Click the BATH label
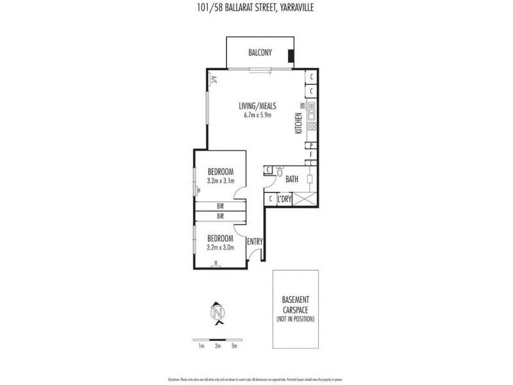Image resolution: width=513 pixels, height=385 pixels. click(292, 180)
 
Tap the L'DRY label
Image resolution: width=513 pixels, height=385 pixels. click(286, 200)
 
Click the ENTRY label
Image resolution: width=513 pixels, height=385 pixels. click(255, 241)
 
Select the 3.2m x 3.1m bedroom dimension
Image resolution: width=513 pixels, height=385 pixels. click(221, 182)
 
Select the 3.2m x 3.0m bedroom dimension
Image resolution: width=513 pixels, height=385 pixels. click(221, 247)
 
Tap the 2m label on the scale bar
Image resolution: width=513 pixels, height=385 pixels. click(218, 346)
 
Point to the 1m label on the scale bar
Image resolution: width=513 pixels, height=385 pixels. click(201, 346)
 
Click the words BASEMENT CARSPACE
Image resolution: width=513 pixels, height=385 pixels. click(296, 304)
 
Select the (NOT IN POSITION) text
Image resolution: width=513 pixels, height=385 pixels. click(296, 318)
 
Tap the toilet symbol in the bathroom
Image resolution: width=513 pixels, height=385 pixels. click(280, 171)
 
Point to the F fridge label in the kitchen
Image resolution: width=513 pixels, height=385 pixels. click(311, 155)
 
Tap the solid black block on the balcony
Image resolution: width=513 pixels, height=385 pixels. click(291, 56)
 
